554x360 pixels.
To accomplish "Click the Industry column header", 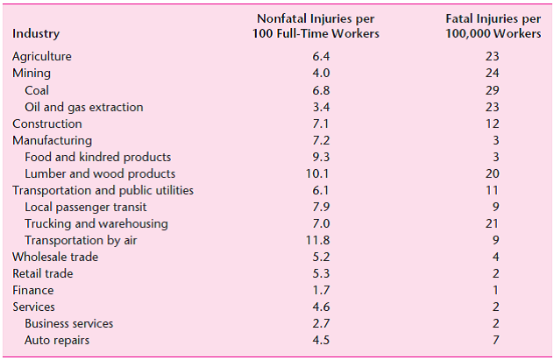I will pos(36,34).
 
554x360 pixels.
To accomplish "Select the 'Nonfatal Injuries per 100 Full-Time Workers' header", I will pos(317,26).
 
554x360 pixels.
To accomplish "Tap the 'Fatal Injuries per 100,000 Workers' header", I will pos(492,26).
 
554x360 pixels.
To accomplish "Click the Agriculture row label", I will pos(42,57).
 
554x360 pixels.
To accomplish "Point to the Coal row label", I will pos(37,90).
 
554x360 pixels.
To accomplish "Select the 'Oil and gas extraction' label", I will pos(83,107).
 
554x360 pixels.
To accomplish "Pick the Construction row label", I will pos(47,124).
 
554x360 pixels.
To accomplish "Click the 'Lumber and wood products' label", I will pos(100,173).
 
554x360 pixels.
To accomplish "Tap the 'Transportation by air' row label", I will pos(81,240).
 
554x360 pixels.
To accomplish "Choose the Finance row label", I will pos(32,290).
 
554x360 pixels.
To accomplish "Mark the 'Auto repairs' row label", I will pos(56,340).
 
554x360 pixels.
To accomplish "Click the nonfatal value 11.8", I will pos(321,240).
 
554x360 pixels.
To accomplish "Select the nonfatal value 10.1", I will pos(321,173).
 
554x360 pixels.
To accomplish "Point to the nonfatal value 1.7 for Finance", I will pos(321,290).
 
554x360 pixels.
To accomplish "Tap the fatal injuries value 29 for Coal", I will pos(492,90).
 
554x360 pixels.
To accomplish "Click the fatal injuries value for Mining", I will pos(492,74).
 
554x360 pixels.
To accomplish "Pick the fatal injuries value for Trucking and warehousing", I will pos(492,223).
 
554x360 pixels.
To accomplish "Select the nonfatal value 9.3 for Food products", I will pos(321,157).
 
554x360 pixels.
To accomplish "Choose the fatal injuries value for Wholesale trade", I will pos(495,257).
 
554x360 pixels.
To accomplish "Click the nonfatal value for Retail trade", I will pos(321,273).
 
